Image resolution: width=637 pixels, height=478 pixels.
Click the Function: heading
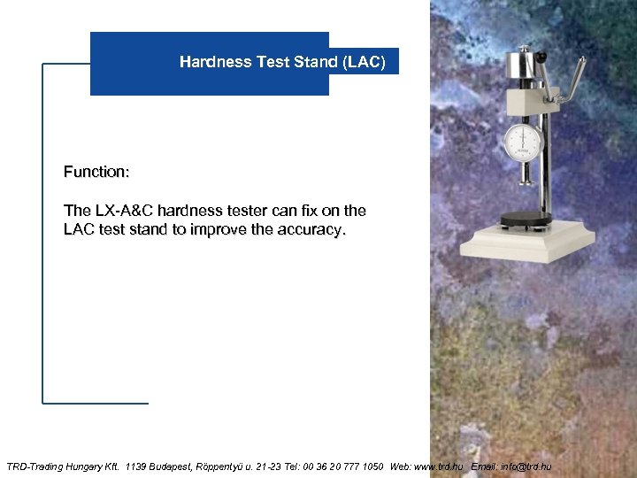tap(96, 171)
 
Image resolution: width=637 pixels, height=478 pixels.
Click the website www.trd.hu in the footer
tap(439, 466)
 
